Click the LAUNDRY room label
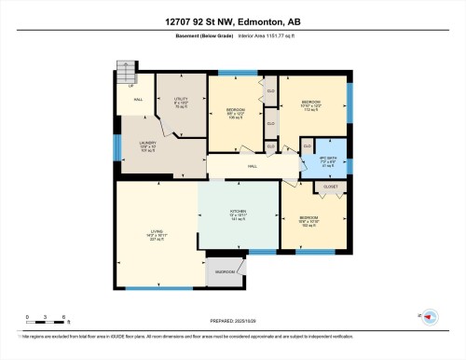tap(135, 144)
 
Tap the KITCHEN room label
tap(238, 215)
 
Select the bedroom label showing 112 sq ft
tap(310, 104)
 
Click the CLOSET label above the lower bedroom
tap(331, 187)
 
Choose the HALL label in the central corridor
tap(252, 167)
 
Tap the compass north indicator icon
tap(428, 316)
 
